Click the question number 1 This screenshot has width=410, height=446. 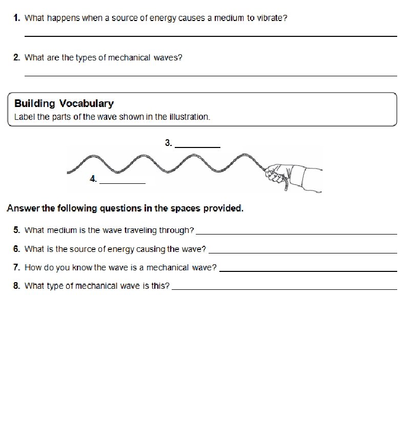point(17,18)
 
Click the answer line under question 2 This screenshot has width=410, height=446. point(210,75)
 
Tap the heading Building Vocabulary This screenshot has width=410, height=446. point(64,103)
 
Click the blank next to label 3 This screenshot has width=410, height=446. point(197,146)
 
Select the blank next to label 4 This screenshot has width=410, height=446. point(122,182)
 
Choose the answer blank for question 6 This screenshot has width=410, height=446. point(302,252)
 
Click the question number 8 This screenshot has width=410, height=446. point(17,286)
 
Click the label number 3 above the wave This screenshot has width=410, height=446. point(168,143)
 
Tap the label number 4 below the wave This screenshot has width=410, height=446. point(93,179)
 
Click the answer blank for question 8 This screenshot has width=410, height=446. point(284,289)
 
